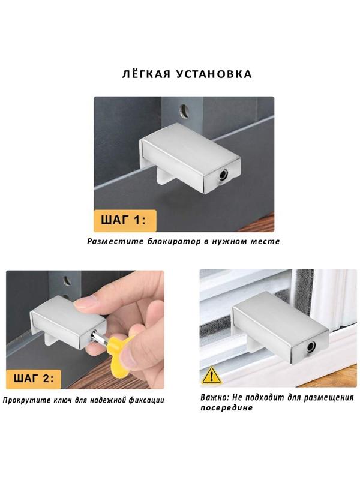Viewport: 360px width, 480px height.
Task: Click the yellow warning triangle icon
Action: (211, 376)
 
